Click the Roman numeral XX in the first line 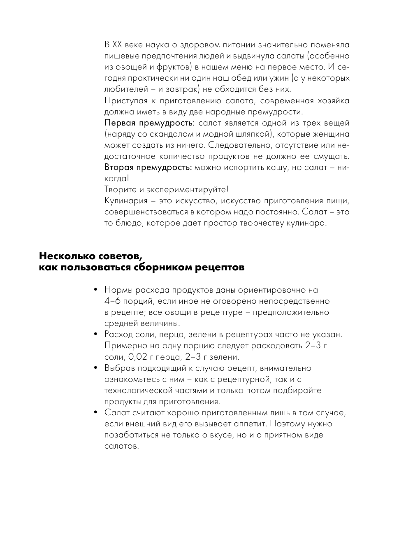(x=118, y=45)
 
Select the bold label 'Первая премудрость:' (x=150, y=123)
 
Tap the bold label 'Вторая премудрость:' (x=148, y=167)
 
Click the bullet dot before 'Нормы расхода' (x=95, y=290)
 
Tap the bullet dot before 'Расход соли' (x=95, y=334)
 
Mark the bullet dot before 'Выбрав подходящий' (x=95, y=368)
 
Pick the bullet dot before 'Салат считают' (x=95, y=412)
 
